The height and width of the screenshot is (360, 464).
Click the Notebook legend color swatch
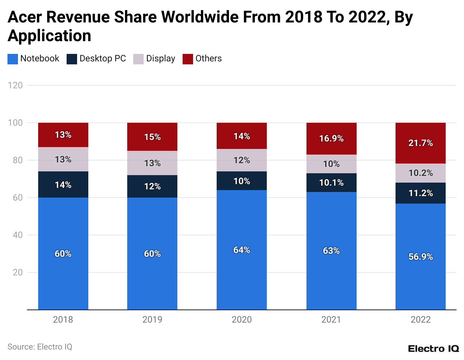pyautogui.click(x=12, y=59)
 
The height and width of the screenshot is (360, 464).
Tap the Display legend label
pyautogui.click(x=161, y=59)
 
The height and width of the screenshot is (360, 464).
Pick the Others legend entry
pyautogui.click(x=208, y=59)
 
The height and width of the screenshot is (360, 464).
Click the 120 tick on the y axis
pyautogui.click(x=15, y=85)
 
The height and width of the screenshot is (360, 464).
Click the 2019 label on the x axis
pyautogui.click(x=152, y=320)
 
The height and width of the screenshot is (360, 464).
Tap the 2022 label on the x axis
pyautogui.click(x=421, y=320)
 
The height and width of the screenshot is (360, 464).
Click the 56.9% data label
pyautogui.click(x=421, y=257)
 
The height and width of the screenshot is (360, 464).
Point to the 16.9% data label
pyautogui.click(x=332, y=138)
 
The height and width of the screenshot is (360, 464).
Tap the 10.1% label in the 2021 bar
pyautogui.click(x=332, y=183)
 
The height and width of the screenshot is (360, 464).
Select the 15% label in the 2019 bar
pyautogui.click(x=152, y=137)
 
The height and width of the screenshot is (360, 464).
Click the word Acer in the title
pyautogui.click(x=25, y=17)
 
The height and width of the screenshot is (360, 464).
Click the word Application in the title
pyautogui.click(x=49, y=36)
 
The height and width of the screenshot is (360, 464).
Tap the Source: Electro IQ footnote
pyautogui.click(x=40, y=347)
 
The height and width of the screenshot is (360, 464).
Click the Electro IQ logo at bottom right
pyautogui.click(x=433, y=349)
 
